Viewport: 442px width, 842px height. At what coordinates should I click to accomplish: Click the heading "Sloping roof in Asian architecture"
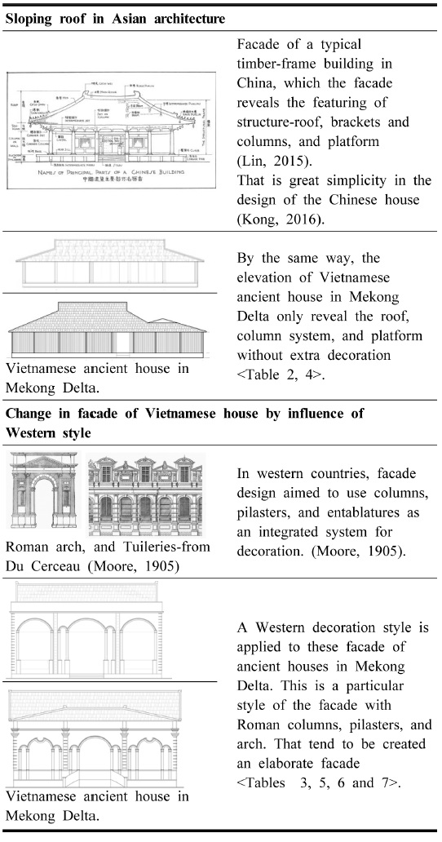(x=117, y=17)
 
